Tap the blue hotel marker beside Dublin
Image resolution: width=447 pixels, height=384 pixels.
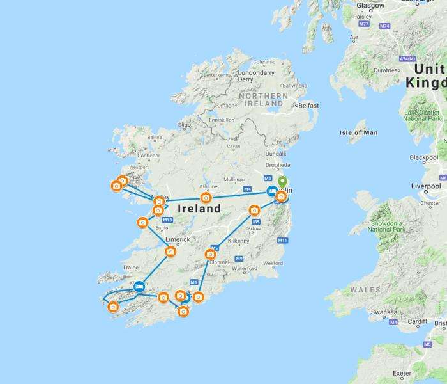pos(271,191)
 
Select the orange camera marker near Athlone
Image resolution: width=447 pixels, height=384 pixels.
pos(206,198)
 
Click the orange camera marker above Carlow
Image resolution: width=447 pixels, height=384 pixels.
pos(254,211)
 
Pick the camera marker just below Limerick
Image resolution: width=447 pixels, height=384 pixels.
pos(170,252)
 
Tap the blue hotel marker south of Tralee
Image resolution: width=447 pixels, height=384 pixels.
pos(139,287)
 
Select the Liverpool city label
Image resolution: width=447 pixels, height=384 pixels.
pos(427,186)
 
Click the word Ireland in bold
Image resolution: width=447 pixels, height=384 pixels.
pos(199,209)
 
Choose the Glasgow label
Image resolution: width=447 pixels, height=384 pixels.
pos(370,6)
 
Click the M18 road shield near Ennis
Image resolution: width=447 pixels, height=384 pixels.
pos(167,220)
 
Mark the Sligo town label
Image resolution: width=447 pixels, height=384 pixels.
pos(184,125)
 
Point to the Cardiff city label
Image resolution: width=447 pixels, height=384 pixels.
pos(418,322)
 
